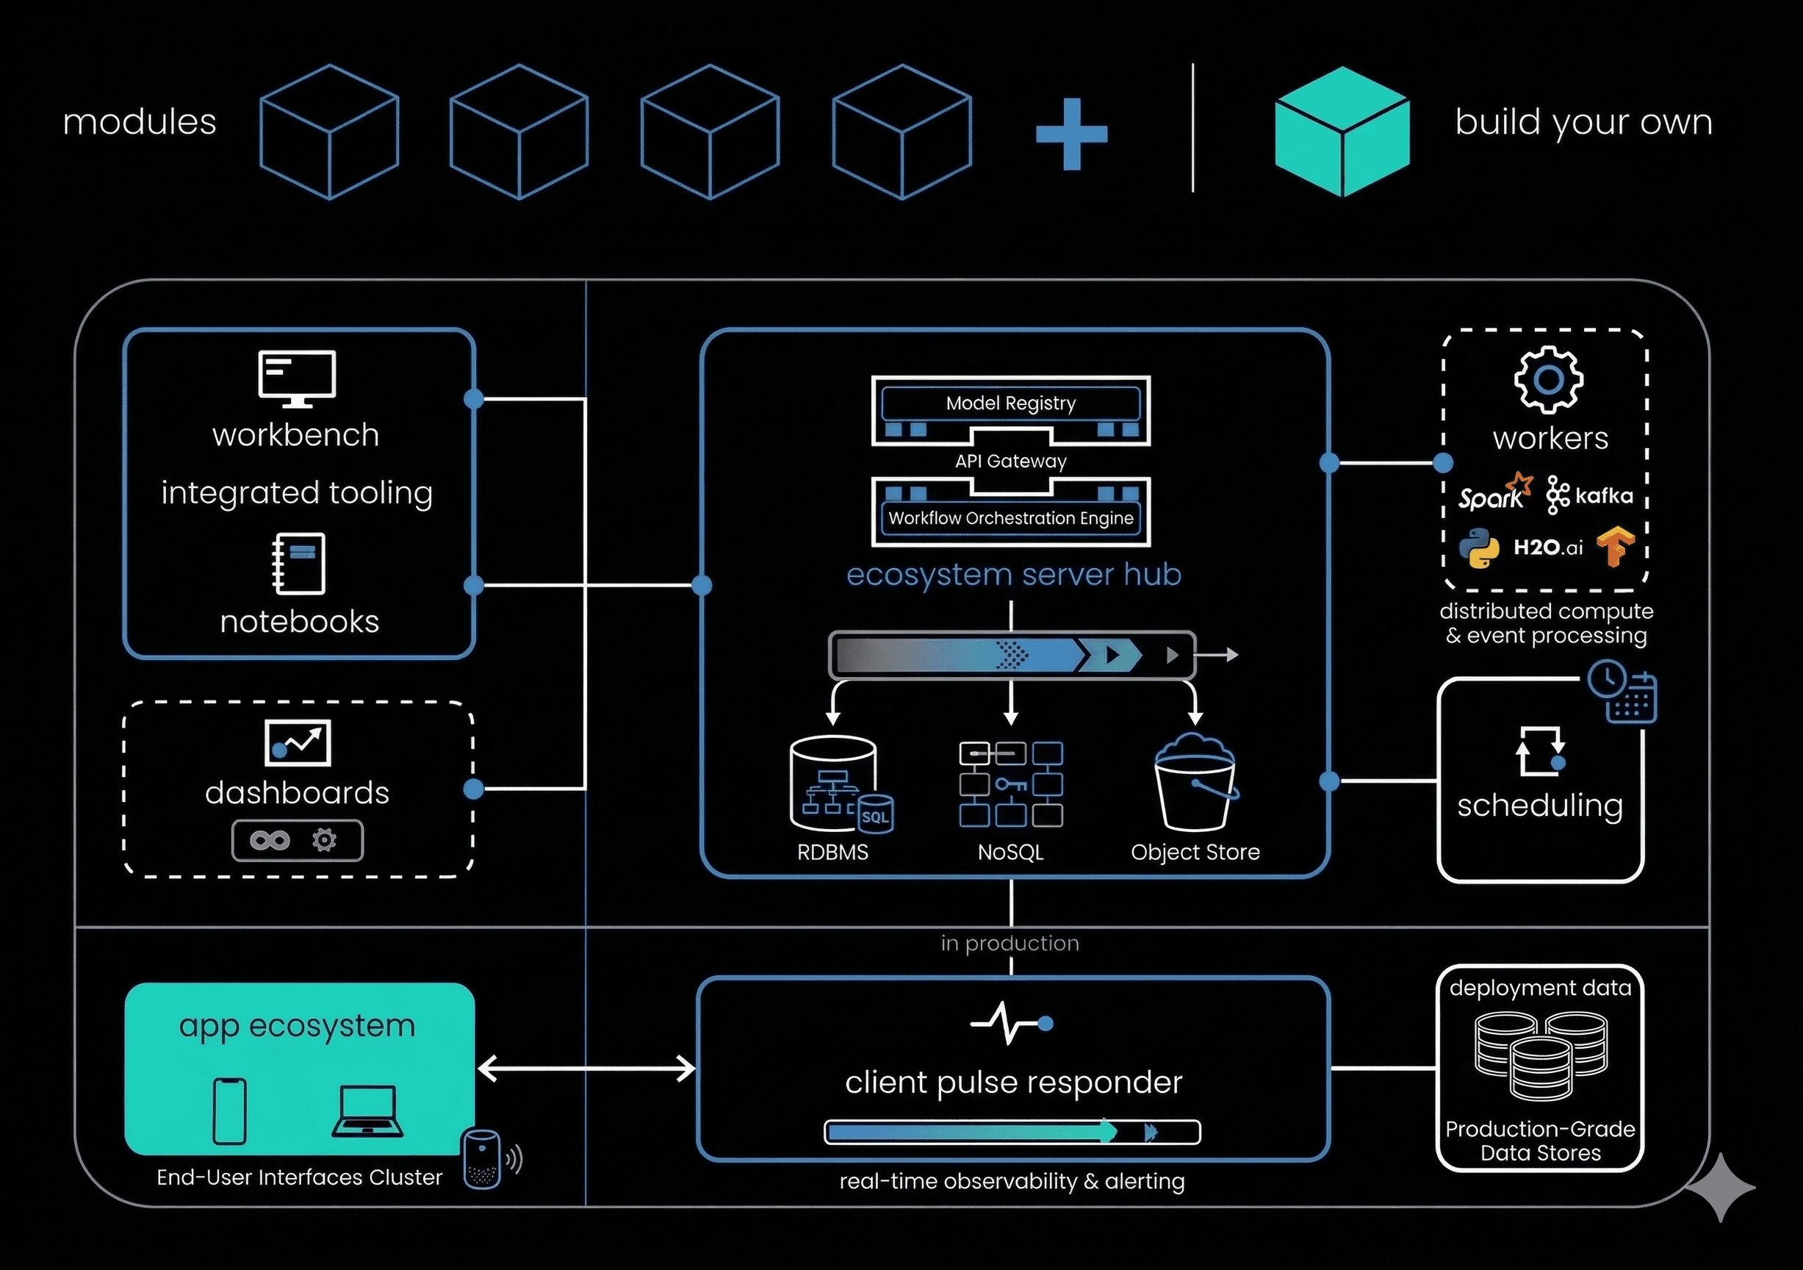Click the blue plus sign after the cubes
[x=1071, y=134]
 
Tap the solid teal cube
[x=1342, y=132]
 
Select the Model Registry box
[x=1011, y=403]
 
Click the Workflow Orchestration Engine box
[x=1011, y=517]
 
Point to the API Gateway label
[x=1011, y=461]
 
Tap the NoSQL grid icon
[x=1011, y=784]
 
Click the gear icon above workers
[x=1548, y=380]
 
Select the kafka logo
[x=1589, y=495]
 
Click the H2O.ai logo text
[x=1548, y=548]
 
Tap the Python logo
[x=1480, y=548]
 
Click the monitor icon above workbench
[x=297, y=378]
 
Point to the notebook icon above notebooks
[x=298, y=563]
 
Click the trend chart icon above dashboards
[x=298, y=742]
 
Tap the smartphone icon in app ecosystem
[x=230, y=1111]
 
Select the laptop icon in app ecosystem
[x=367, y=1111]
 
